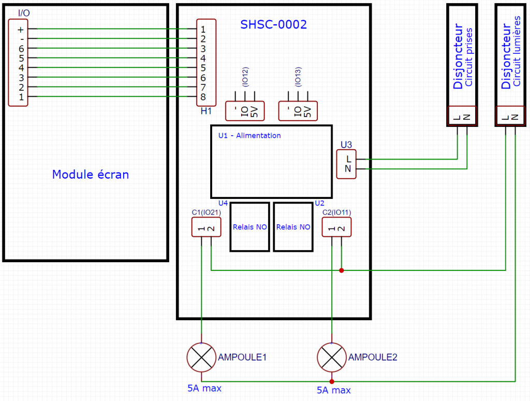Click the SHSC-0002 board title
(x=273, y=24)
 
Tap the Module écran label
(x=91, y=175)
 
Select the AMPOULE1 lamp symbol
(x=201, y=357)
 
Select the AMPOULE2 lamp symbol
(x=331, y=357)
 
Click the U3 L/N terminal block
(x=347, y=164)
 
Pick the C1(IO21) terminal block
(x=206, y=227)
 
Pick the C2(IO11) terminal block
(x=336, y=227)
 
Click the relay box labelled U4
(x=249, y=227)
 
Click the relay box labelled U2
(x=293, y=227)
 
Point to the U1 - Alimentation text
(x=249, y=136)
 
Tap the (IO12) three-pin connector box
(x=245, y=110)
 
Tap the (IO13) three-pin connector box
(x=298, y=110)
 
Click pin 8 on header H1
(x=203, y=97)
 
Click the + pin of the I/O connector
(x=21, y=30)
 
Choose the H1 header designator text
(x=206, y=111)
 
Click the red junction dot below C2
(x=341, y=270)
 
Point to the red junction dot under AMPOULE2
(x=331, y=382)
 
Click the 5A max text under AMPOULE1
(x=204, y=388)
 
